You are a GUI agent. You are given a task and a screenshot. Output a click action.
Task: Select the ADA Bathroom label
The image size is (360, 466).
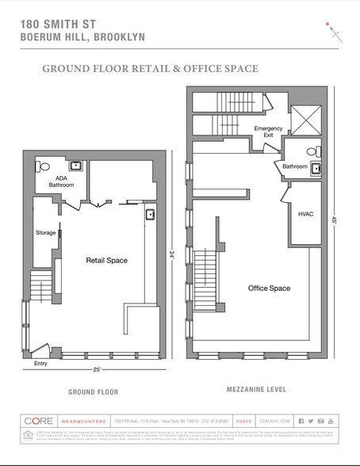coord(61,181)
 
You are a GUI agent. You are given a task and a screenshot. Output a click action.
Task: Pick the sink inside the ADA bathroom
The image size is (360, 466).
coord(76,166)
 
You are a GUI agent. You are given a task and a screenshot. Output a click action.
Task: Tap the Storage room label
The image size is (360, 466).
coord(45,233)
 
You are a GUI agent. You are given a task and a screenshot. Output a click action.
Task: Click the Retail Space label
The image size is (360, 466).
coord(107,260)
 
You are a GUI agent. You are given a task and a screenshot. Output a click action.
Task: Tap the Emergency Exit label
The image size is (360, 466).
coord(267,132)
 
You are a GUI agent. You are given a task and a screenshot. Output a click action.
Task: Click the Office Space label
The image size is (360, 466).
coord(269,288)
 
